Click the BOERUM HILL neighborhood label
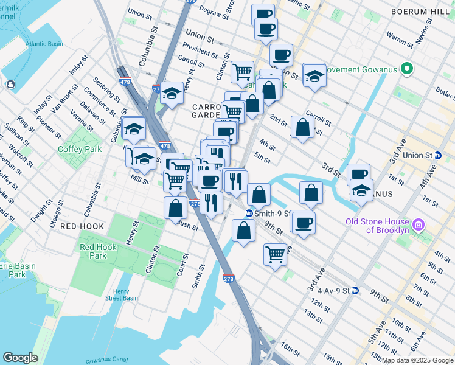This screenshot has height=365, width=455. click(423, 11)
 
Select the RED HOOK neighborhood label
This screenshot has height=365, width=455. click(82, 226)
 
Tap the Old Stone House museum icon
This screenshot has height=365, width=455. click(417, 226)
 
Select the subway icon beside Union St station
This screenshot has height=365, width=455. click(438, 155)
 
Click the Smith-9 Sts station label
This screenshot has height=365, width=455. click(271, 214)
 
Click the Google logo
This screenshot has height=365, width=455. click(20, 358)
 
